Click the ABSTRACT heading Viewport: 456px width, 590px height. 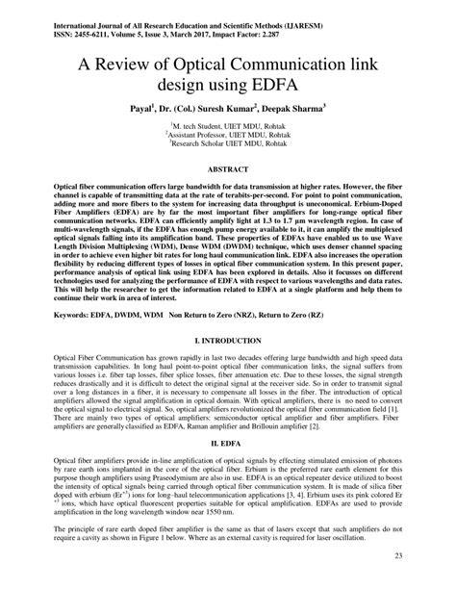pyautogui.click(x=227, y=168)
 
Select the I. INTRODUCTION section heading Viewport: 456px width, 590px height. pyautogui.click(x=228, y=342)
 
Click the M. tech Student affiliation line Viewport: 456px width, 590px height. pyautogui.click(x=228, y=125)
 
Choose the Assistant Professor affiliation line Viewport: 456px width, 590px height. pyautogui.click(x=228, y=136)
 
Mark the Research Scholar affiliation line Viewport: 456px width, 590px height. pyautogui.click(x=228, y=146)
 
